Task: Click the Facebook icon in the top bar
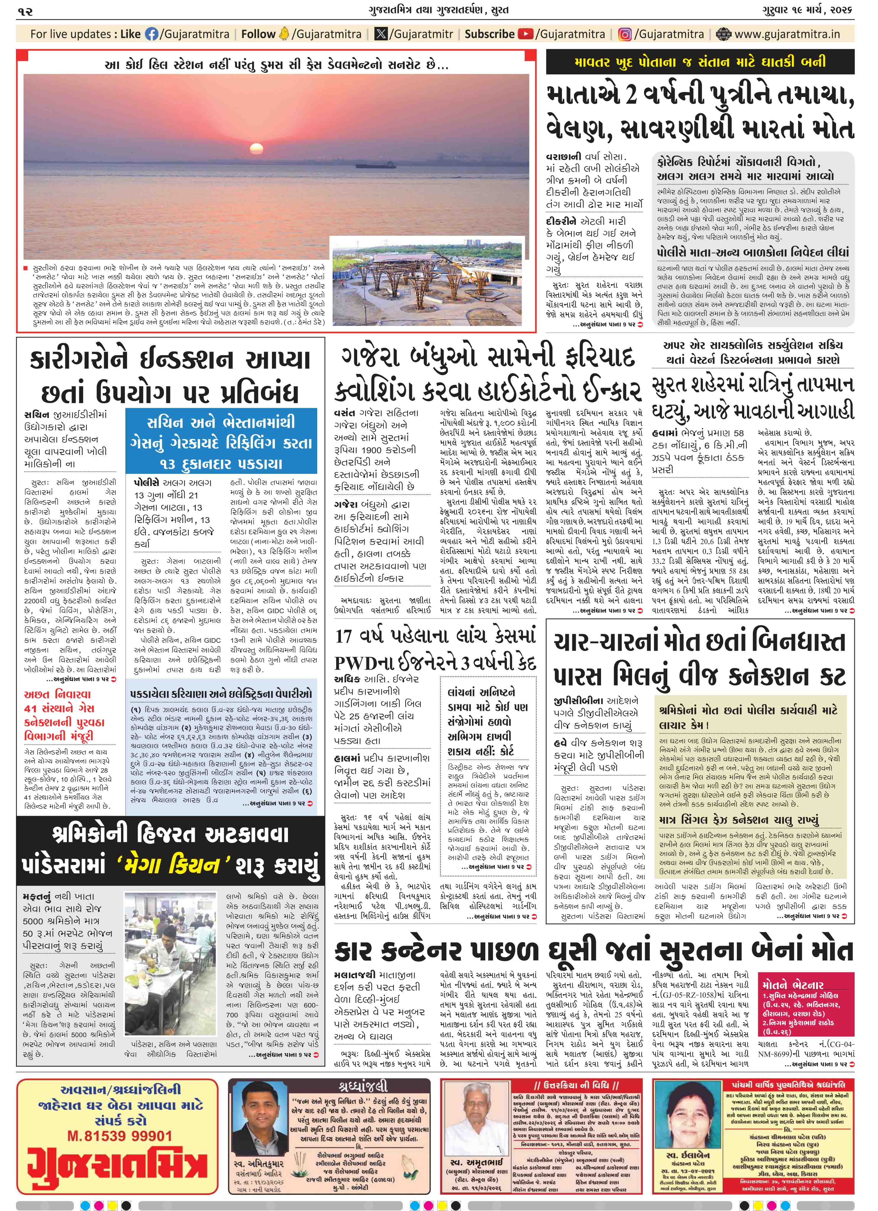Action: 152,34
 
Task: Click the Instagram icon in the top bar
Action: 625,34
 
